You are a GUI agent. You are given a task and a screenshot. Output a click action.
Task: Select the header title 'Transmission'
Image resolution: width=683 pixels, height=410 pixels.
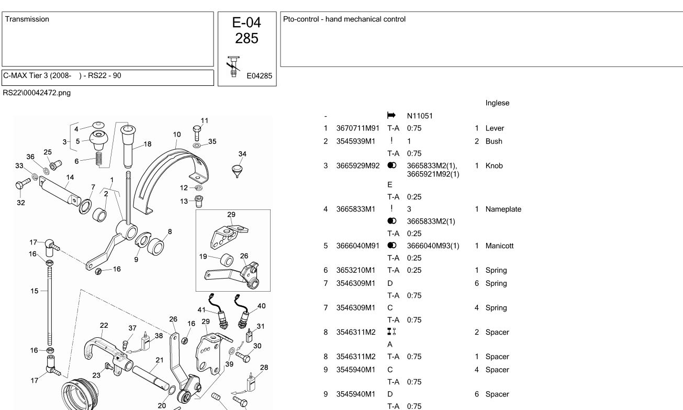pos(27,19)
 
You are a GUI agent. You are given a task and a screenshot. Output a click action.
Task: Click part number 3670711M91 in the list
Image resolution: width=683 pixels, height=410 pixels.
pos(358,128)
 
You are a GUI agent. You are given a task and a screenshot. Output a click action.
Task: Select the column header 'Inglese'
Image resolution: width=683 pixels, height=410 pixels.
pos(497,103)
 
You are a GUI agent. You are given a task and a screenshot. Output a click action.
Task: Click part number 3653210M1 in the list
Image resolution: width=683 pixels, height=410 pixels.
pos(356,270)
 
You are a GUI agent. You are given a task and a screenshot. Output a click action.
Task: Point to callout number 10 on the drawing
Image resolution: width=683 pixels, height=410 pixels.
pos(177,135)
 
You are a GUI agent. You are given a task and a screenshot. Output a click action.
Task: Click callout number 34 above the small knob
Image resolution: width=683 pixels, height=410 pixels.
pos(242,154)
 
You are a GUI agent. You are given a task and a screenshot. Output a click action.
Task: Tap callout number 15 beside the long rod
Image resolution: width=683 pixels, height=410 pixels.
pos(34,291)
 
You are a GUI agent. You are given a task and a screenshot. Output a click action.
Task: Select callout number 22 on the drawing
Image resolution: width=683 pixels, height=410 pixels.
pos(104,326)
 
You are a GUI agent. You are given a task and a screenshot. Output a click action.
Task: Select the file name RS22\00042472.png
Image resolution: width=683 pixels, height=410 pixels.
pos(37,93)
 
